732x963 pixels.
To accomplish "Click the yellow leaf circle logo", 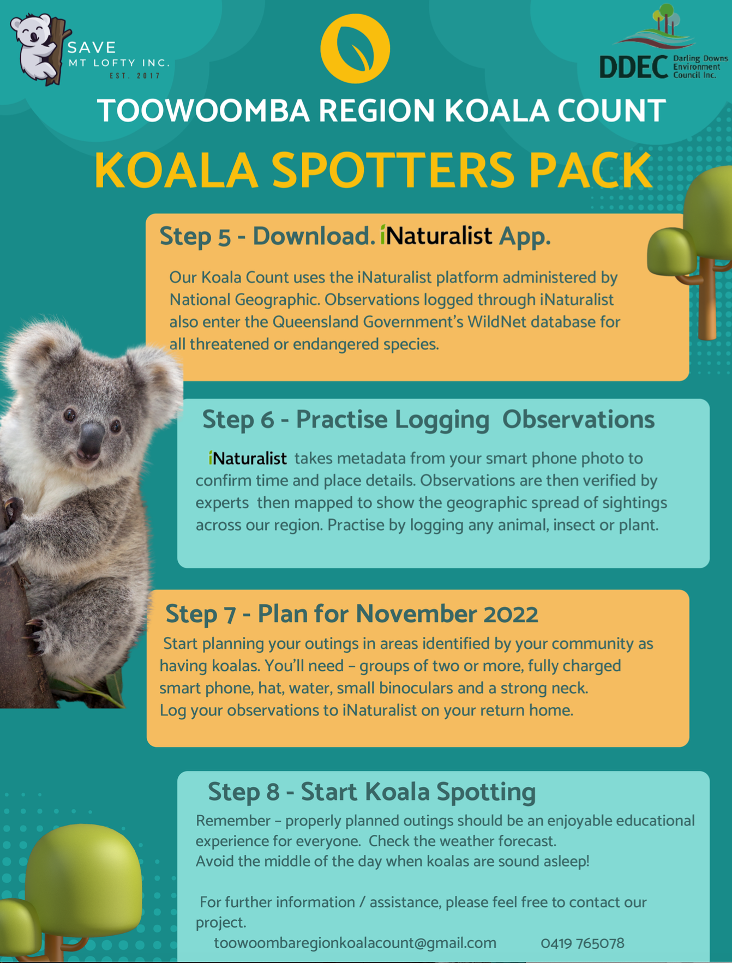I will (x=355, y=49).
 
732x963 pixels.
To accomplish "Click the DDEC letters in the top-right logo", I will (x=633, y=67).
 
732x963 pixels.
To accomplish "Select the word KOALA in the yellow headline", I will (x=176, y=170).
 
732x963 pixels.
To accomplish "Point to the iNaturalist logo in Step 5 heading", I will (x=436, y=236).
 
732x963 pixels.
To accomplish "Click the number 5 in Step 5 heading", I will (x=224, y=237).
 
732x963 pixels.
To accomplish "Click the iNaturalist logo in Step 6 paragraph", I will (x=248, y=458).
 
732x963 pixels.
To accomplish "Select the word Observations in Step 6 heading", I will (x=578, y=419).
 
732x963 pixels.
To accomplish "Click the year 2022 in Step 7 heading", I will (x=511, y=614).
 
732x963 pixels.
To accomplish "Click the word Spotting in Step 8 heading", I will (x=486, y=792).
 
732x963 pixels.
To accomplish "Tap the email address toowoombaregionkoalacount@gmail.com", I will (x=355, y=943).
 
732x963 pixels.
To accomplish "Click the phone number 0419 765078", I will (x=583, y=943).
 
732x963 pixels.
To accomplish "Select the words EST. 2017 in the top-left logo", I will (x=135, y=76).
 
